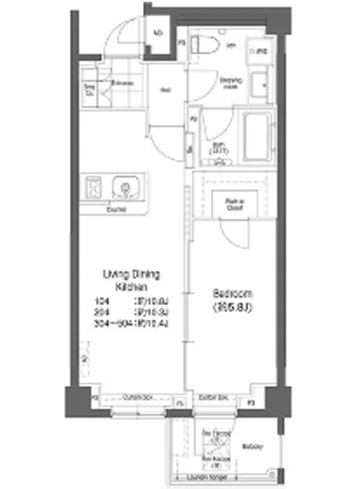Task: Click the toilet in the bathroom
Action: tap(203, 45)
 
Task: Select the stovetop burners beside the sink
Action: tap(94, 188)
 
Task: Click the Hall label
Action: tap(165, 88)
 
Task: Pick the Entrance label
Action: tap(123, 84)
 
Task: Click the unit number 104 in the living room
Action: tap(100, 301)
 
